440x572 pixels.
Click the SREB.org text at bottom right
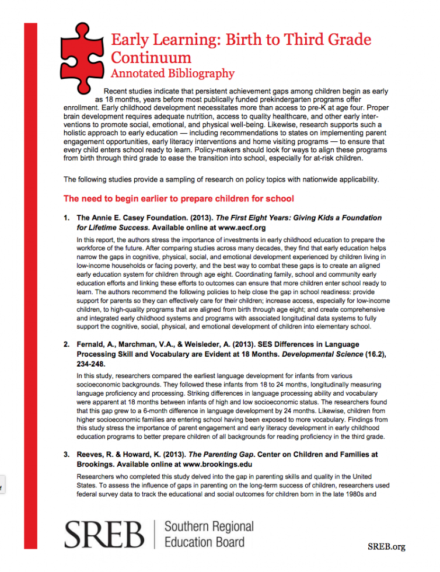point(386,546)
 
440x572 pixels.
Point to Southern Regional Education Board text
point(209,534)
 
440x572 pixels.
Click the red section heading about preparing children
point(179,198)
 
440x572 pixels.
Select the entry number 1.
point(67,218)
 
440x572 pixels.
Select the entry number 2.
point(67,345)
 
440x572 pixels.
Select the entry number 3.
point(67,454)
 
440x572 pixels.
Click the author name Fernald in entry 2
point(92,345)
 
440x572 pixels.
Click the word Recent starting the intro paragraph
point(116,92)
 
